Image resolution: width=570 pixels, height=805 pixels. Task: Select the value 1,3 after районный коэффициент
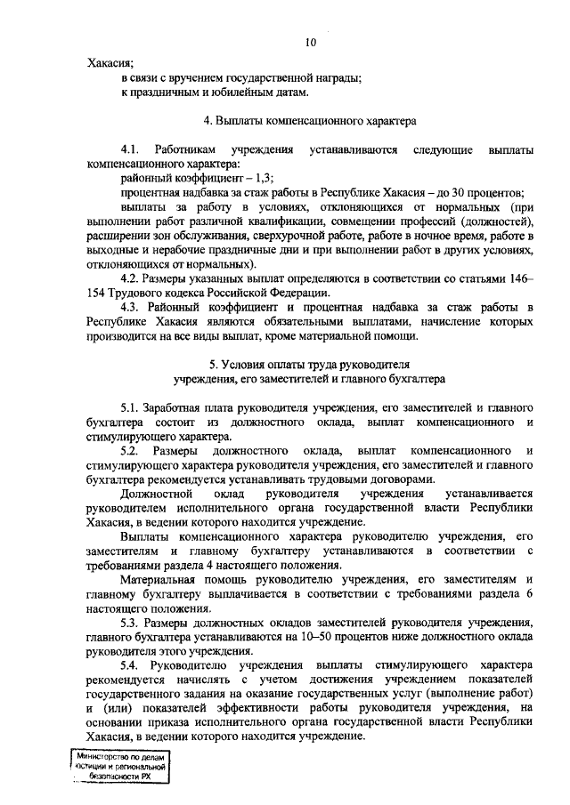(234, 177)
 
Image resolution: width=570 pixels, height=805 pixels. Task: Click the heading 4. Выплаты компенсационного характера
(310, 117)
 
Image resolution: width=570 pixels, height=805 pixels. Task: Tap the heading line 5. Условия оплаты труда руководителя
(310, 365)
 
